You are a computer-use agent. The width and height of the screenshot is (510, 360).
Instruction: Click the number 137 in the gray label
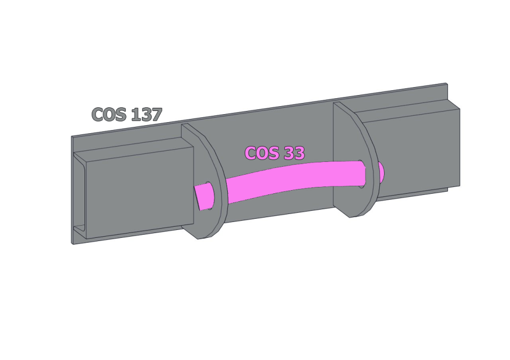[146, 114]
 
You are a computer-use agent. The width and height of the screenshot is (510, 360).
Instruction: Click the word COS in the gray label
[109, 114]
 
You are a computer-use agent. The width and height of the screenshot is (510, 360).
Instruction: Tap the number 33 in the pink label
[294, 153]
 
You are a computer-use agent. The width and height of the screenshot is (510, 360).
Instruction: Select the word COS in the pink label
[262, 153]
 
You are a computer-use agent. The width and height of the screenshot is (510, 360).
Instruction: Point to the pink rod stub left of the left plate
[204, 196]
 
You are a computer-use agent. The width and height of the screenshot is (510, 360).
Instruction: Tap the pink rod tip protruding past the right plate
[381, 172]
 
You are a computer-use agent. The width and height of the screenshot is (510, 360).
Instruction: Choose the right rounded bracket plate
[356, 159]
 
